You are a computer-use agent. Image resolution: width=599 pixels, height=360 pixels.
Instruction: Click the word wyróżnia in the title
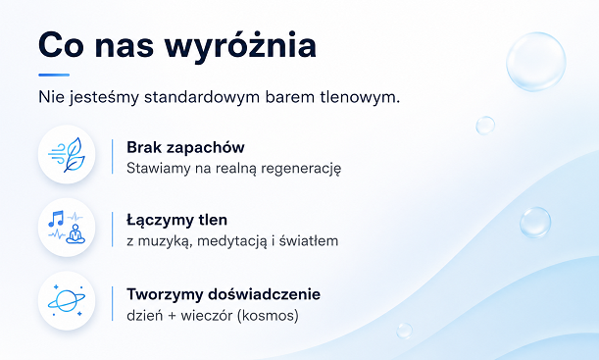pyautogui.click(x=240, y=47)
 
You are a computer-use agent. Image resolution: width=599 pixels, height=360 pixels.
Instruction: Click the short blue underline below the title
pyautogui.click(x=54, y=75)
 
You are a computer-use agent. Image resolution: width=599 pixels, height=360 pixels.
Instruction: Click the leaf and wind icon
pyautogui.click(x=67, y=155)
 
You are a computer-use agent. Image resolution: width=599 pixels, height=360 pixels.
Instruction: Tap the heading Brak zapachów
pyautogui.click(x=185, y=147)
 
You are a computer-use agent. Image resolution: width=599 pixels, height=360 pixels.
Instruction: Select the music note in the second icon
pyautogui.click(x=56, y=218)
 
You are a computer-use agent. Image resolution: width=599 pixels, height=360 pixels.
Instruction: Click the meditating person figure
pyautogui.click(x=75, y=234)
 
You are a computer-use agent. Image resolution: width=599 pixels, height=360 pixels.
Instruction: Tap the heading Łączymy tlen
pyautogui.click(x=176, y=220)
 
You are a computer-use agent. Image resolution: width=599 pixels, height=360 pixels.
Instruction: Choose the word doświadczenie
pyautogui.click(x=265, y=294)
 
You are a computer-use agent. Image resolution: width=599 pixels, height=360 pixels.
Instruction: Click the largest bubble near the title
pyautogui.click(x=536, y=62)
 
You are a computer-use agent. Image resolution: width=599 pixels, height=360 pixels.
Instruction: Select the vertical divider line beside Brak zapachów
pyautogui.click(x=113, y=157)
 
